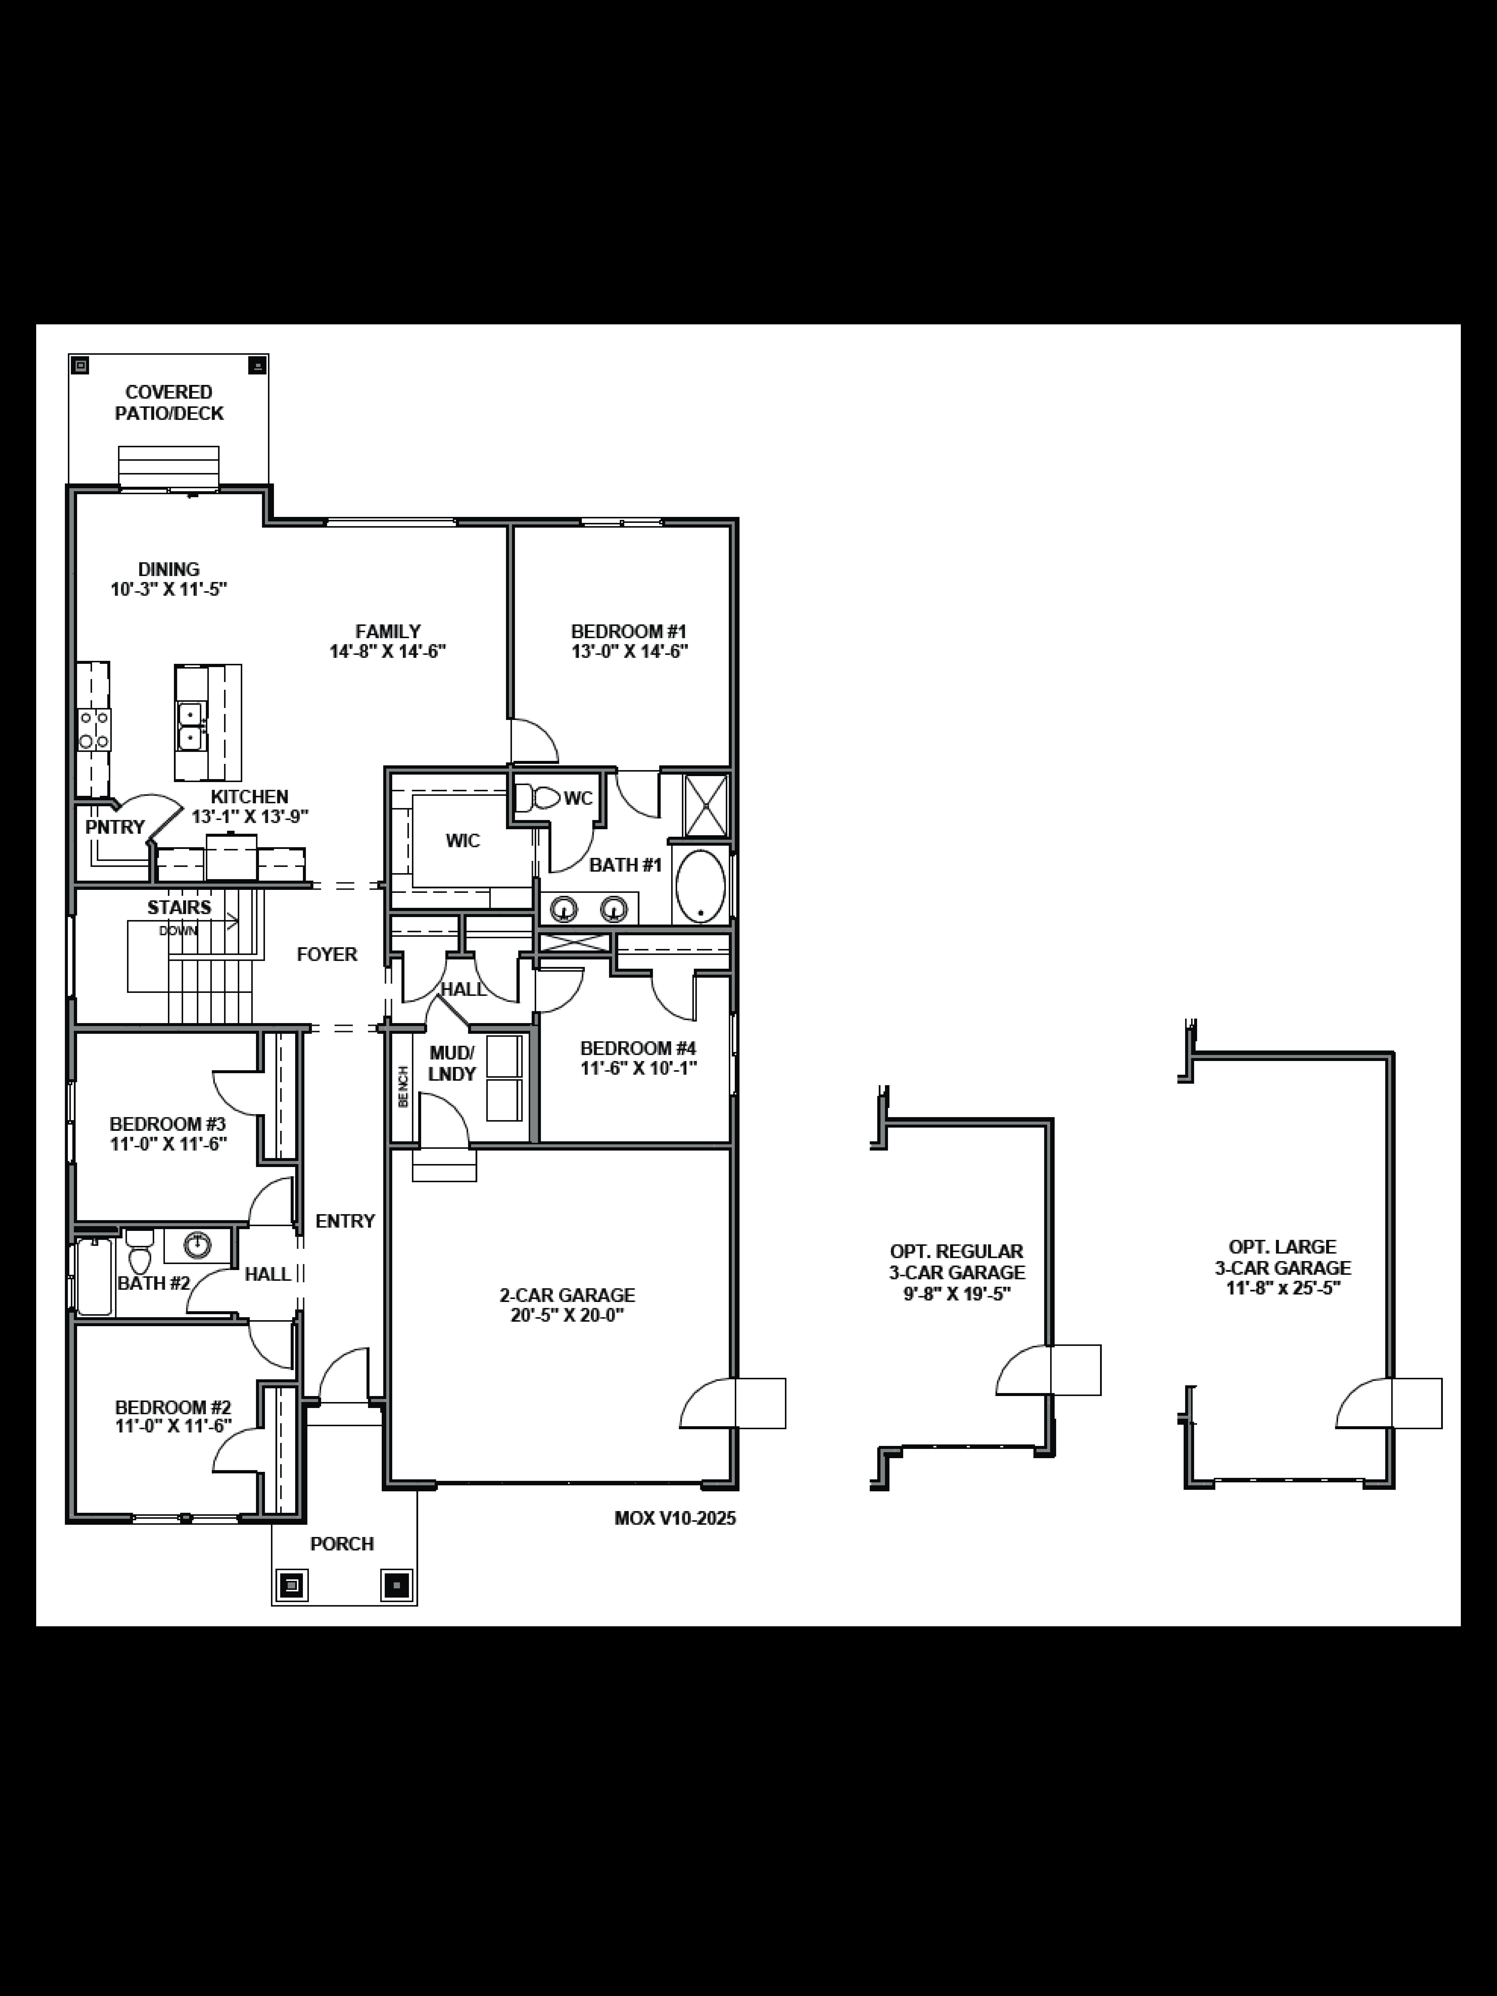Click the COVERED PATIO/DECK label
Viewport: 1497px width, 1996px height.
tap(169, 402)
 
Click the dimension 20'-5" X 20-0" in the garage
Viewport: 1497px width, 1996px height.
tap(568, 1315)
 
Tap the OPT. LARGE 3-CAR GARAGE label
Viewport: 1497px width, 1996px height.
tap(1282, 1257)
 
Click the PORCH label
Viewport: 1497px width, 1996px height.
tap(342, 1544)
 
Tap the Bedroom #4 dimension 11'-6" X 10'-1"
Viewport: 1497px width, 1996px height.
tap(639, 1068)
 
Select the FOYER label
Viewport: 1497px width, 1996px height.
tap(327, 954)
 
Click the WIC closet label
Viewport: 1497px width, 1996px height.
tap(463, 841)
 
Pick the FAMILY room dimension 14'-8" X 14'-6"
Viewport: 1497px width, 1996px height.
tap(388, 651)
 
